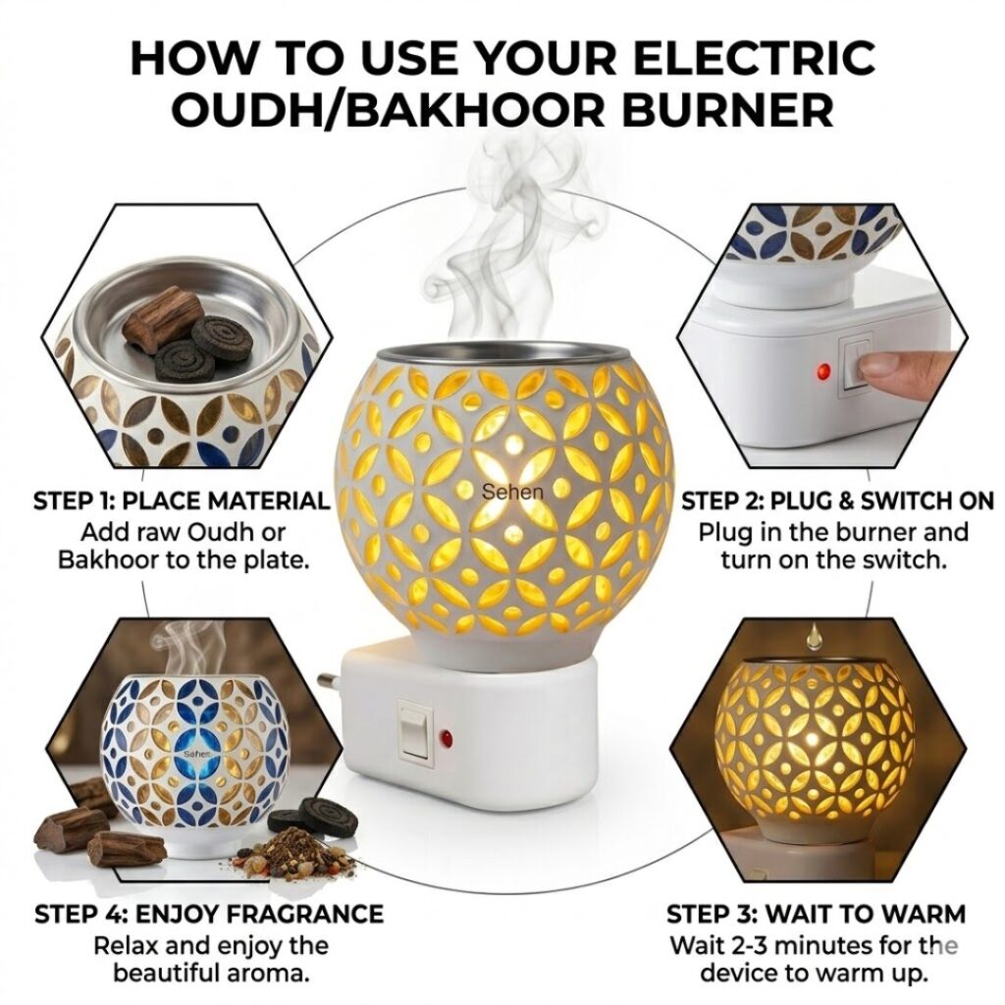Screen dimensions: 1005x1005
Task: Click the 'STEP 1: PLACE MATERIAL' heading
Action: click(182, 502)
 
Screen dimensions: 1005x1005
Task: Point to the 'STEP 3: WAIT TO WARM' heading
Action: click(816, 915)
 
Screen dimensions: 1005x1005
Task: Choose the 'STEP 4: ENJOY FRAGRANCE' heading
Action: click(209, 915)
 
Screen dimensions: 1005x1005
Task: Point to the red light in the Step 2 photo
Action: click(822, 372)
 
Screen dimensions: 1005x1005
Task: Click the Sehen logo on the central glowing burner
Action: click(511, 491)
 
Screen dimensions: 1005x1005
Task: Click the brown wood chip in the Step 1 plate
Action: click(163, 318)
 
